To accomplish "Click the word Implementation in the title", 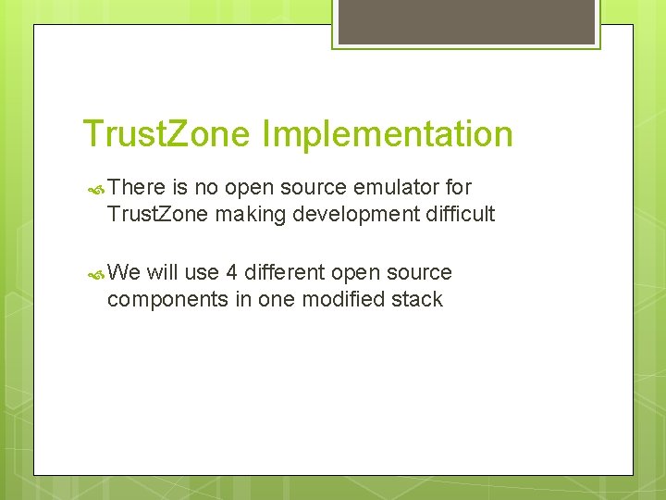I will tap(388, 134).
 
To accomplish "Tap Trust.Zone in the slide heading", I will tap(166, 134).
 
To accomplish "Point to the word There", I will tap(135, 187).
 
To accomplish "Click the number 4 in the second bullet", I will tap(232, 272).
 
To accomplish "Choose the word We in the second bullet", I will tap(124, 272).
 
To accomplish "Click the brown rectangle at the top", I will tap(466, 21).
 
